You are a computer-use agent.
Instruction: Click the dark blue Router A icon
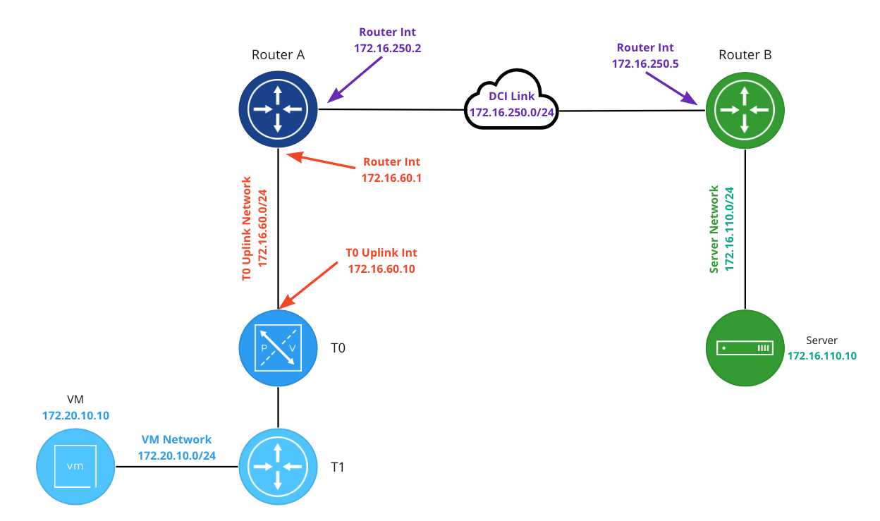pyautogui.click(x=277, y=109)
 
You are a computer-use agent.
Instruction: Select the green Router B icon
pyautogui.click(x=745, y=109)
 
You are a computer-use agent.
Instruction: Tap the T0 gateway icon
pyautogui.click(x=277, y=348)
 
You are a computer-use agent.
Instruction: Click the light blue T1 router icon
pyautogui.click(x=277, y=467)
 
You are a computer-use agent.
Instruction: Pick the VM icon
pyautogui.click(x=75, y=466)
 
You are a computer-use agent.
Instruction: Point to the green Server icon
pyautogui.click(x=745, y=348)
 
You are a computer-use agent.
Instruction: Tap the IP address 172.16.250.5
pyautogui.click(x=645, y=63)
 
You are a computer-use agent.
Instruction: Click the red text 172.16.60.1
pyautogui.click(x=391, y=178)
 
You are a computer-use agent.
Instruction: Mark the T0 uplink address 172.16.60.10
pyautogui.click(x=381, y=268)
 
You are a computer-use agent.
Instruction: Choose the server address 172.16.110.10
pyautogui.click(x=821, y=356)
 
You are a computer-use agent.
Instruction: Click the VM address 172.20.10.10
pyautogui.click(x=75, y=415)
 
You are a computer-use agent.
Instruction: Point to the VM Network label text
pyautogui.click(x=176, y=440)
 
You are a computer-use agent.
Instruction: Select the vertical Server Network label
pyautogui.click(x=715, y=229)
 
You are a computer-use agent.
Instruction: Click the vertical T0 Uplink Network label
pyautogui.click(x=247, y=229)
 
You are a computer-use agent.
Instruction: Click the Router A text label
pyautogui.click(x=278, y=55)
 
